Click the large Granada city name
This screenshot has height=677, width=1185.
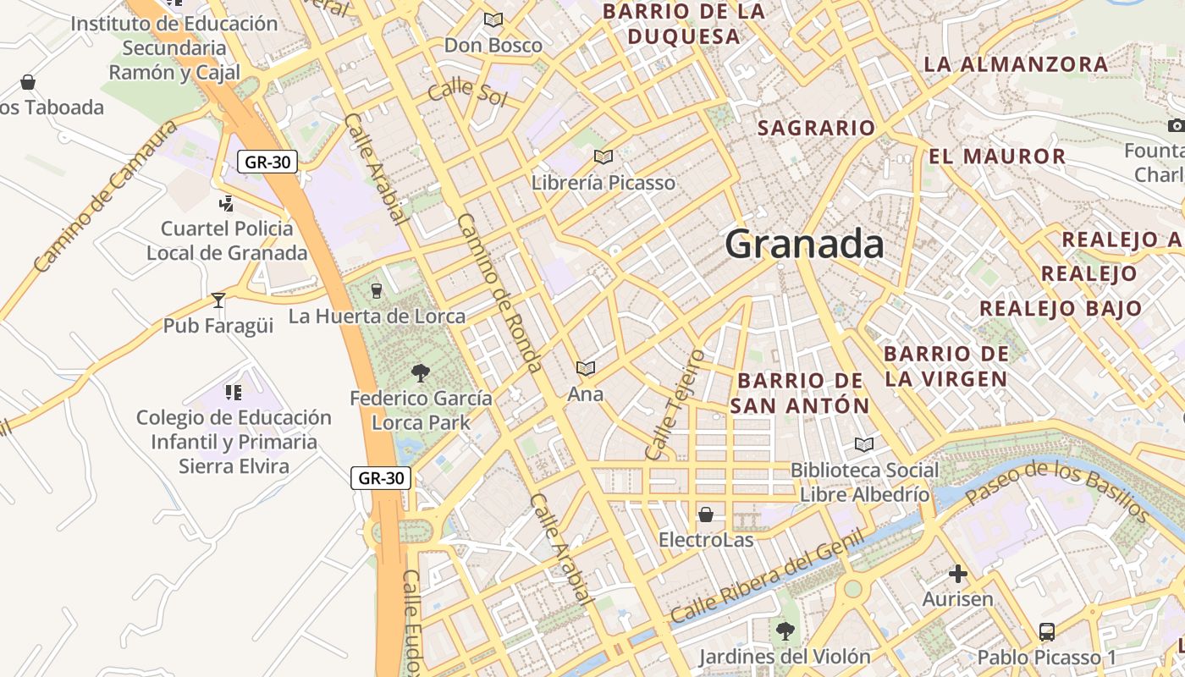804,245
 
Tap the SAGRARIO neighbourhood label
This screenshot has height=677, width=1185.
816,128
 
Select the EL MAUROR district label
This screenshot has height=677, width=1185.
997,157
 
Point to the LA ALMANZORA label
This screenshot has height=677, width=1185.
1016,64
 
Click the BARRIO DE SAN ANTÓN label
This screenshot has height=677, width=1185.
800,394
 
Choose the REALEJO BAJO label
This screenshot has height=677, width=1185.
1061,309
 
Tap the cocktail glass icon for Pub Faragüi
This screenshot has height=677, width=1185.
218,300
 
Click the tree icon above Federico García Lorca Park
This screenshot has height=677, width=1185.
420,372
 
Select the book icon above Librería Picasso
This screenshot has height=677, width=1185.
603,157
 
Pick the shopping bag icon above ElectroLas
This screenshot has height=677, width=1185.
705,515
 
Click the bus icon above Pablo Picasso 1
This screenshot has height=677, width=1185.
1046,631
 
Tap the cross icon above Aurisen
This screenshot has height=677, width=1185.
957,575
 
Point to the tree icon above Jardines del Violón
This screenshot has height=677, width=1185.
785,630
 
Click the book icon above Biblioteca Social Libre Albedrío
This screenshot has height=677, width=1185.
863,444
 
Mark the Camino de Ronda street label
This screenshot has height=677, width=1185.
499,293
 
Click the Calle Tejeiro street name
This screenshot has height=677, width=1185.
674,405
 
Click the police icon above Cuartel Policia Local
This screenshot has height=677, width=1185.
226,203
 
